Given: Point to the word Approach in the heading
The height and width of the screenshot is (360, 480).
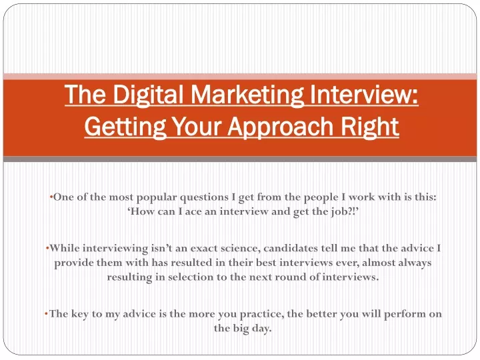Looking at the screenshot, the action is pos(281,127).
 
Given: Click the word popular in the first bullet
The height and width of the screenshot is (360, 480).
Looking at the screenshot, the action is pos(157,198).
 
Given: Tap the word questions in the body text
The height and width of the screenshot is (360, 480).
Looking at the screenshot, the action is pos(204,198).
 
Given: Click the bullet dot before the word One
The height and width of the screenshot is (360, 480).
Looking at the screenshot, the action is pos(51,197).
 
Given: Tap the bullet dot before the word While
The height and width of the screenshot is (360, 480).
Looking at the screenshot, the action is pos(47,248).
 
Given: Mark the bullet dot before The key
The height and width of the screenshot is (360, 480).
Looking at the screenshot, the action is pos(46,313).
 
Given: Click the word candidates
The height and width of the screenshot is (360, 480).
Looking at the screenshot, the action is pos(291,248).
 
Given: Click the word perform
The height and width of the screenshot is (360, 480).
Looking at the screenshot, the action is pos(405,315).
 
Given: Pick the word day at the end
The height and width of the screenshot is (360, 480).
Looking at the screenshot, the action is pos(261,329).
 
